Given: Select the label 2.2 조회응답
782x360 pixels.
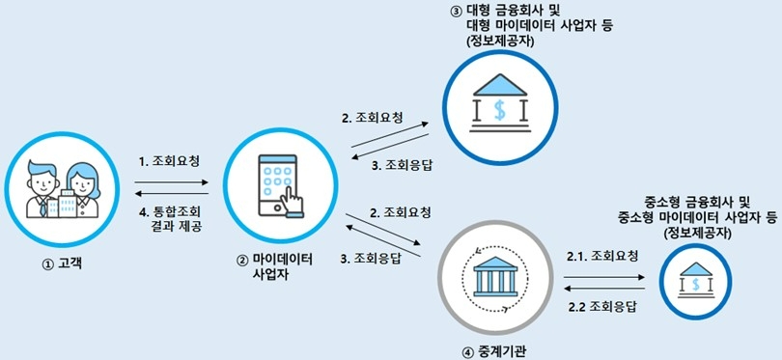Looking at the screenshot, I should click(x=602, y=307).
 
